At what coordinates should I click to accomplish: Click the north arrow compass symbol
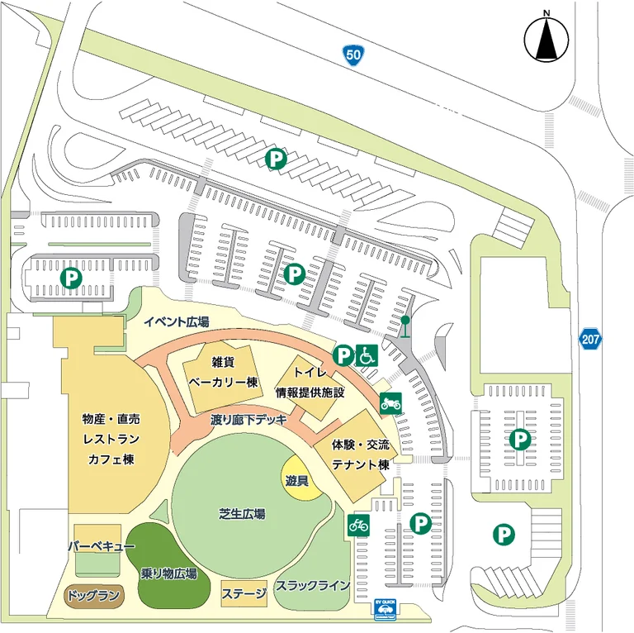(546, 37)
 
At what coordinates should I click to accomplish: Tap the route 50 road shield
(352, 55)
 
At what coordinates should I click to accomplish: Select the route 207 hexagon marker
(589, 339)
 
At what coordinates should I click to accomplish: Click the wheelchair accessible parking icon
(367, 355)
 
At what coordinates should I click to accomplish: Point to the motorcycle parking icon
(390, 403)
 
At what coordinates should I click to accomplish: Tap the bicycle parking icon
(358, 524)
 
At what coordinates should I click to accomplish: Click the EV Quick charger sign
(386, 607)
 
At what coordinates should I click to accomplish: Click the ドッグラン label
(92, 595)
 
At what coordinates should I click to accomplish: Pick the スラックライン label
(313, 586)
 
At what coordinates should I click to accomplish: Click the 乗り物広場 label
(168, 574)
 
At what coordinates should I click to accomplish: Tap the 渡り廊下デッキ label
(248, 419)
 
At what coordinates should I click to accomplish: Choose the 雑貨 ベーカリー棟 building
(224, 375)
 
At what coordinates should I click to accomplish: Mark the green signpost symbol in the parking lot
(405, 326)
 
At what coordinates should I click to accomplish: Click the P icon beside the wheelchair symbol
(343, 355)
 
